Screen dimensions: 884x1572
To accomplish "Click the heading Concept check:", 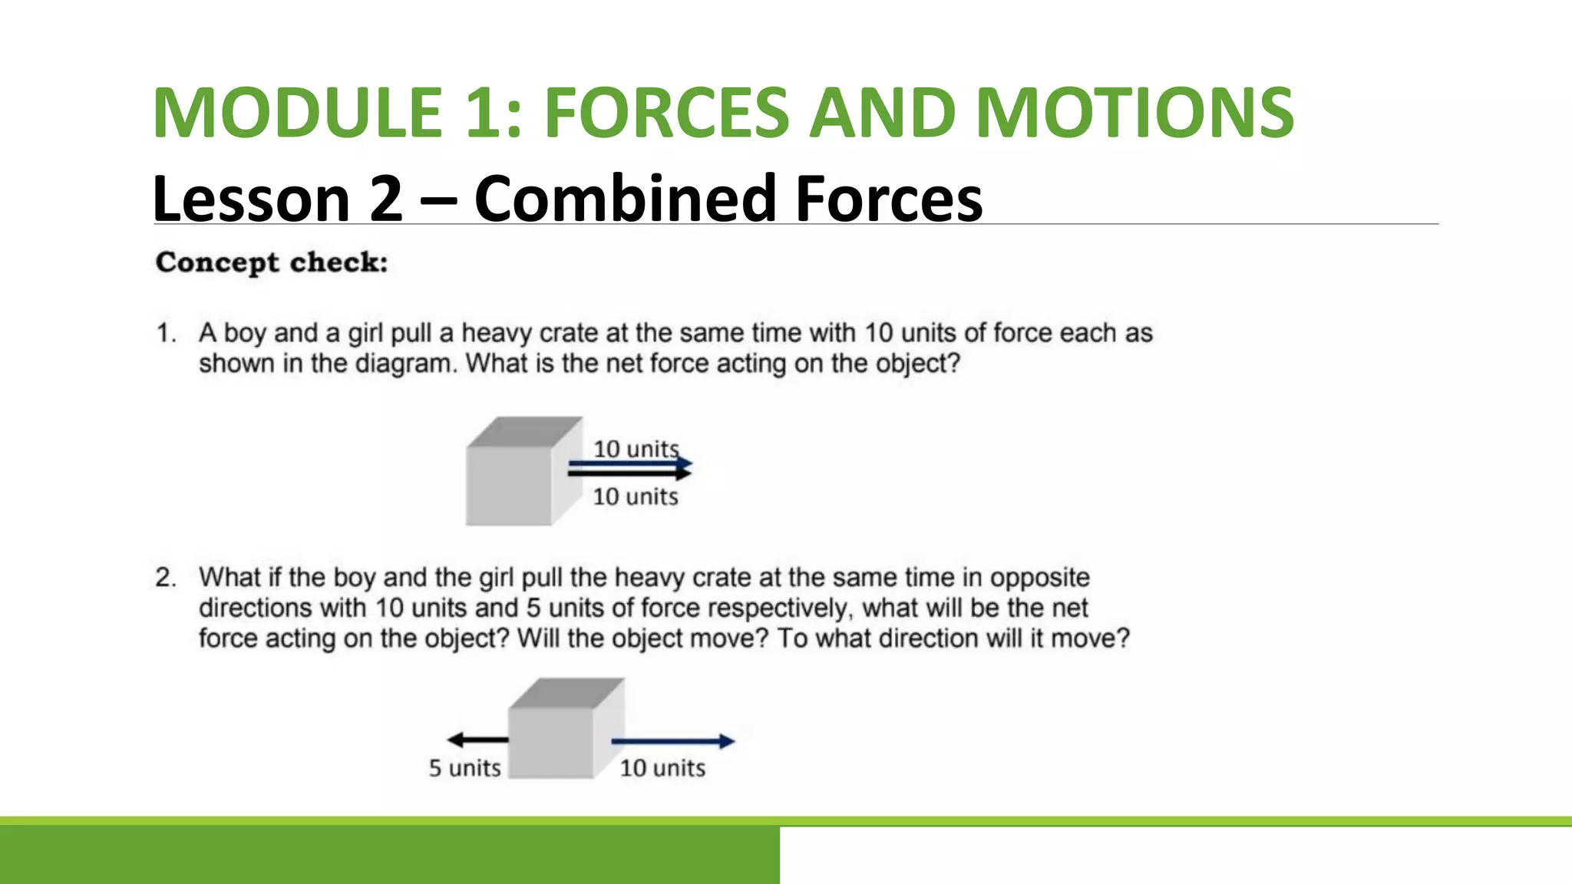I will (x=272, y=262).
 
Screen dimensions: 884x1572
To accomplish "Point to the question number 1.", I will (x=166, y=333).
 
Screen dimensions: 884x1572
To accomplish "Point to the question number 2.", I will (x=166, y=577).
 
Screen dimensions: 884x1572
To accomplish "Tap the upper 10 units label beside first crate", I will (x=636, y=449).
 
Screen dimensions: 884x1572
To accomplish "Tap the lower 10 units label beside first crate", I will (x=636, y=496).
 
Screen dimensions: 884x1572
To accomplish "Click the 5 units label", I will (x=464, y=767).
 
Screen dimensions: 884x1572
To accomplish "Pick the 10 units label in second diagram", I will (x=662, y=767).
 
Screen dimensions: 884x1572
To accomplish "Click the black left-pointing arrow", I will (x=477, y=740).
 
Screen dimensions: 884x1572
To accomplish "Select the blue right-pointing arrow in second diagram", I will (x=672, y=741).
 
